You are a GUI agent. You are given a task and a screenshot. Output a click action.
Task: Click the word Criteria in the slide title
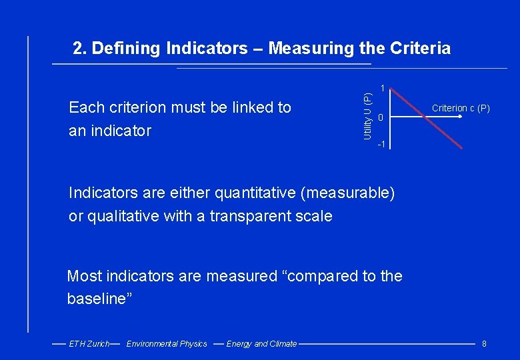tap(417, 49)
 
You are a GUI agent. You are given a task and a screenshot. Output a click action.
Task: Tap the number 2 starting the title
tap(79, 49)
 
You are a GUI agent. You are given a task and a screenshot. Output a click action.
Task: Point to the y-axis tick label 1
tap(381, 88)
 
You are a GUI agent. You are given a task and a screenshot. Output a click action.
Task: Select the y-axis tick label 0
tap(380, 119)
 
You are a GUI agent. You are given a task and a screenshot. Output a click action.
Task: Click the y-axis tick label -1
tap(381, 145)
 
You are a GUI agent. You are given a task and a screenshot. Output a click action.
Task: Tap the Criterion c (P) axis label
tap(461, 107)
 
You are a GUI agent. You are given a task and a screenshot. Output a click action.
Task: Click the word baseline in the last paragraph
tap(97, 299)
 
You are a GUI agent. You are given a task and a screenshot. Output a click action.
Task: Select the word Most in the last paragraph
tap(85, 276)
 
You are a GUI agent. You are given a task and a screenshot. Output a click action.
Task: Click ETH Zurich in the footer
tap(89, 344)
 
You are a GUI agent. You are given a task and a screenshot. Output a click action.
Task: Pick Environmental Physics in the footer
tap(167, 344)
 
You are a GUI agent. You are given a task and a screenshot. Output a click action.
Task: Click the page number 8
tap(484, 344)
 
